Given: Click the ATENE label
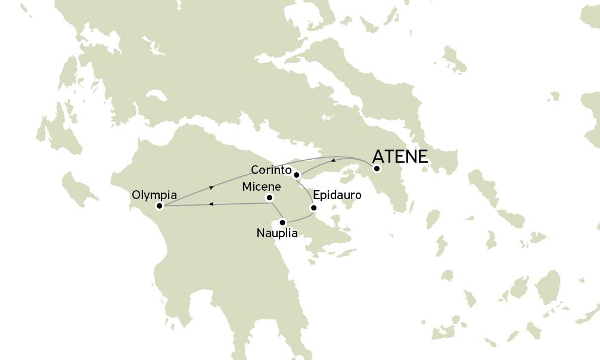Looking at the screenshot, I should tap(400, 157).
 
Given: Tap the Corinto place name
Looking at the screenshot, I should tap(271, 169).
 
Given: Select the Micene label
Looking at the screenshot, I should tap(262, 187).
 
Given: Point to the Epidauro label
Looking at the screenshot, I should tap(337, 195).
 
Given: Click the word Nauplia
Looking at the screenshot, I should tap(276, 233).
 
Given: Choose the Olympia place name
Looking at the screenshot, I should tap(154, 195).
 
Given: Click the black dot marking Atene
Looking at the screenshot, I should tap(377, 169).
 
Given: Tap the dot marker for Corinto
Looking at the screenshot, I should tap(296, 174).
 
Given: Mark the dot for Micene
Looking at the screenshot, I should tap(269, 198).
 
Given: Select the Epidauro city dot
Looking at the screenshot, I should tap(313, 208).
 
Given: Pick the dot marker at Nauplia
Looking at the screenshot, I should tap(283, 222).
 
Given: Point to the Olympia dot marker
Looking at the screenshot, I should tap(159, 206).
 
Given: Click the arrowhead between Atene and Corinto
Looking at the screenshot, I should tap(333, 161).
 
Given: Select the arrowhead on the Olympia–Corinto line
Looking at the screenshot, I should tap(211, 187).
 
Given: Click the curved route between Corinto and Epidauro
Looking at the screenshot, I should tap(306, 190).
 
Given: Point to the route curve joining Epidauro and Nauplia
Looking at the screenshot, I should tap(301, 218).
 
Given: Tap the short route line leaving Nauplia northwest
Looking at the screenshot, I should tap(278, 211).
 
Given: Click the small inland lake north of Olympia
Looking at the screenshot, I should tap(156, 95).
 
